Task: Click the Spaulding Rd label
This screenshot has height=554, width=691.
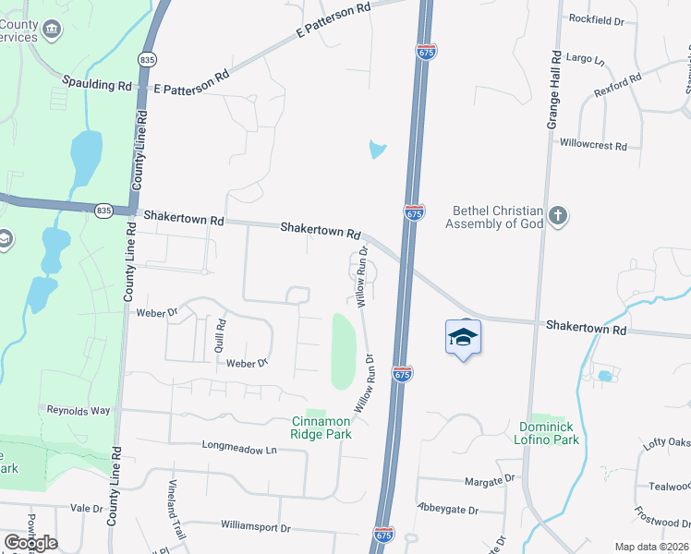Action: [97, 84]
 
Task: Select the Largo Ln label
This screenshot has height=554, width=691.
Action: [586, 60]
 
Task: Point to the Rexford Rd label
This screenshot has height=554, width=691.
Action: [619, 90]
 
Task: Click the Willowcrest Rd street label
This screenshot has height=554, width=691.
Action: [594, 146]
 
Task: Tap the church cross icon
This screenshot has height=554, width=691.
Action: [557, 217]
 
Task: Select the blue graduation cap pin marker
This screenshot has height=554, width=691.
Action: [463, 338]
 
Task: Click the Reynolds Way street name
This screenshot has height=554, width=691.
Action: [79, 410]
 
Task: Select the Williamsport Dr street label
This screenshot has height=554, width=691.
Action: [256, 528]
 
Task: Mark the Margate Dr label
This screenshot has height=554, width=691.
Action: [490, 480]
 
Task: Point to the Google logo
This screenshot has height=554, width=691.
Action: [31, 543]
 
